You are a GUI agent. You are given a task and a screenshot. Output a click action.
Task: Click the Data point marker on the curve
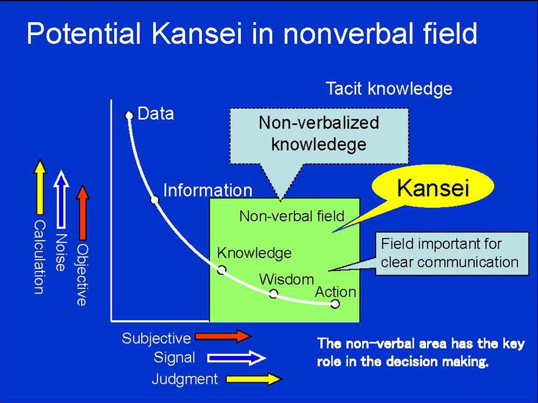[129, 115]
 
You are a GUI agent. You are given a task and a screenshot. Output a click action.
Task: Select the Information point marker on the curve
[155, 200]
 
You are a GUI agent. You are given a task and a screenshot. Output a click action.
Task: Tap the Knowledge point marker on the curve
[222, 270]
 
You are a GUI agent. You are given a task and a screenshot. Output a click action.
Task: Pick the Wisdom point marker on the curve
[273, 294]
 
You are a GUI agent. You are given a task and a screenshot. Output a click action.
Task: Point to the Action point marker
[335, 303]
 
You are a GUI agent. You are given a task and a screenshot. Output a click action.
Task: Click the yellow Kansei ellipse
[433, 186]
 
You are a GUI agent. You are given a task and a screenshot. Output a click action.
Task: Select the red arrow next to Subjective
[224, 336]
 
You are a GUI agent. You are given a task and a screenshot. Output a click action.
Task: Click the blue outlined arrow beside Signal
[236, 358]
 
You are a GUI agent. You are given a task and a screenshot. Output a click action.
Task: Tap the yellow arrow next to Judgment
[254, 379]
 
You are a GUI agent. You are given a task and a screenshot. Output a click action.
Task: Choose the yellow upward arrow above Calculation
[40, 187]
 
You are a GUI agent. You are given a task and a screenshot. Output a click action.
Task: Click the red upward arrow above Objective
[82, 213]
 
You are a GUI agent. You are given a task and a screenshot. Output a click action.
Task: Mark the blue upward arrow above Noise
[61, 199]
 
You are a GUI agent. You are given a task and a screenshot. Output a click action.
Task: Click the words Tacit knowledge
[389, 89]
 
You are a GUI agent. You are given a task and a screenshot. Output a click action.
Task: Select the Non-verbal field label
[291, 216]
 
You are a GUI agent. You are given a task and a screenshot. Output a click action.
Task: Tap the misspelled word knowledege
[319, 144]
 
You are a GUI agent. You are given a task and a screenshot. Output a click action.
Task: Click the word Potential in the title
[84, 34]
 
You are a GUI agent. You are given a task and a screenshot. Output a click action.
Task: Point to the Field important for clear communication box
[452, 254]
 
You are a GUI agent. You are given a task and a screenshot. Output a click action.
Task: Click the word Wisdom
[286, 280]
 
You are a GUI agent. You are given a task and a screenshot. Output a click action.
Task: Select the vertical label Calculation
[39, 257]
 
